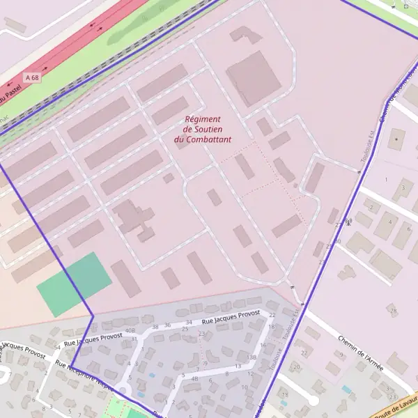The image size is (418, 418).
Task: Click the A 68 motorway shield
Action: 31,78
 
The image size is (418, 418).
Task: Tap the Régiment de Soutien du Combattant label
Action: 202,130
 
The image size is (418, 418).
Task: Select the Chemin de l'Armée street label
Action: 361,349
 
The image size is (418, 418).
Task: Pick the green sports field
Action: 74,284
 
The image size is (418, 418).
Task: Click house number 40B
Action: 130,330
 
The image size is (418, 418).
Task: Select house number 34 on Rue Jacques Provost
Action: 189,323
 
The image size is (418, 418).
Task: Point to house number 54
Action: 57,346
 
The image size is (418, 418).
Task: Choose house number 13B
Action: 252,357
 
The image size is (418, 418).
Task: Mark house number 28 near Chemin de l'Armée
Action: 394,310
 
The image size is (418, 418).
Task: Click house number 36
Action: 167,325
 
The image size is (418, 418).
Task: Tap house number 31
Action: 133,339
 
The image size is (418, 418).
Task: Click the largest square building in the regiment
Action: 252,78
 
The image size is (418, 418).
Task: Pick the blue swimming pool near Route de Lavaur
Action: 346,389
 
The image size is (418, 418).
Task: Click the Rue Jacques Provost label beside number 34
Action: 231,317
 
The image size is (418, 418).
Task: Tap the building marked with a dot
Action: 397,141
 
